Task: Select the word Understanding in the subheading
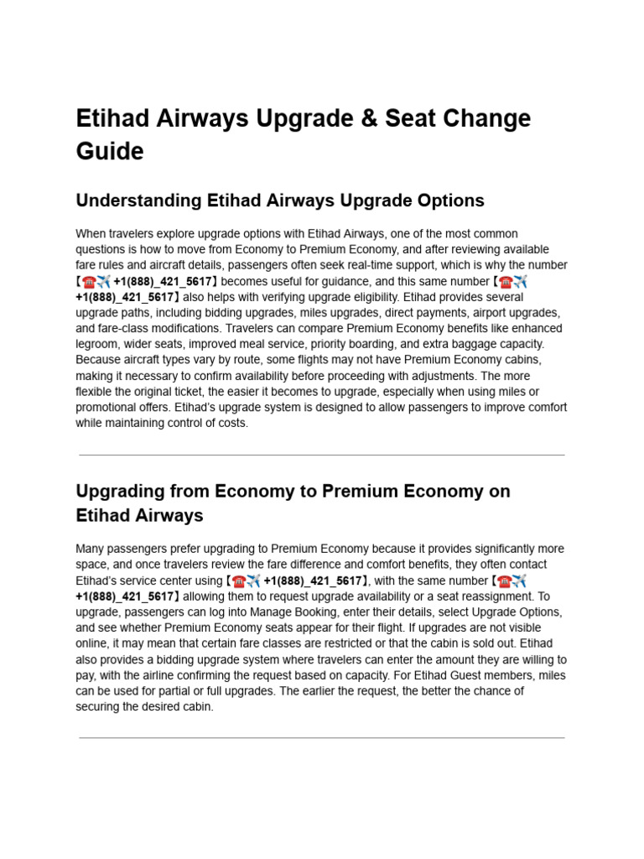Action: point(137,200)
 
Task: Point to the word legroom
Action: point(97,344)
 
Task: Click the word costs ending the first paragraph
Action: point(232,423)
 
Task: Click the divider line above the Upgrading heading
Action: point(322,455)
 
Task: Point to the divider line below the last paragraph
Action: point(322,738)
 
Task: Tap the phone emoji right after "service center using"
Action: point(239,580)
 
